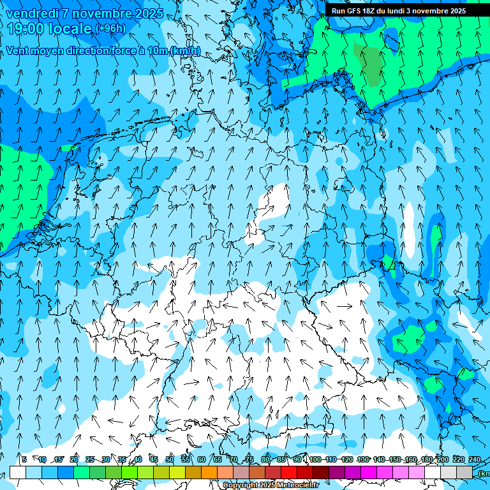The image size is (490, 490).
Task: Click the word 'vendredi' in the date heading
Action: coord(32,13)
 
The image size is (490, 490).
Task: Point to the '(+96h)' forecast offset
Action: coord(111,29)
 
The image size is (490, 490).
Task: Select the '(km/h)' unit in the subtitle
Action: coord(184,51)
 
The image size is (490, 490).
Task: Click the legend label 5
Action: coord(24,459)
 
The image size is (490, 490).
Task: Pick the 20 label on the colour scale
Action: coord(74,459)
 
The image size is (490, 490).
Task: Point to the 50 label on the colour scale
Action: coord(170,459)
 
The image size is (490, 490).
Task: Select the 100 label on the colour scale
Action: coord(315,459)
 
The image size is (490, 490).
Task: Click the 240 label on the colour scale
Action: coord(475,459)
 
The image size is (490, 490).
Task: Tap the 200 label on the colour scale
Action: coord(443,459)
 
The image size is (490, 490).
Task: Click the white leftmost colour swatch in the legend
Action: coord(18,472)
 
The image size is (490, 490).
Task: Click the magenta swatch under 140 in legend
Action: coord(385,472)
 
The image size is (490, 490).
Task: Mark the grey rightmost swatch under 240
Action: coord(464,472)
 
